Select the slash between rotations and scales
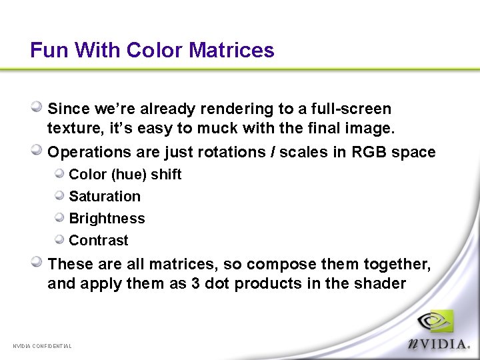(272, 152)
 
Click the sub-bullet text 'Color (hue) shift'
(125, 175)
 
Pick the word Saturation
(105, 197)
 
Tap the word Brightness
(107, 219)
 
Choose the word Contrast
(99, 241)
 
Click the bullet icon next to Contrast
(60, 239)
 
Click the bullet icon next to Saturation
(60, 195)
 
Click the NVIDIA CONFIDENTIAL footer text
(42, 346)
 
